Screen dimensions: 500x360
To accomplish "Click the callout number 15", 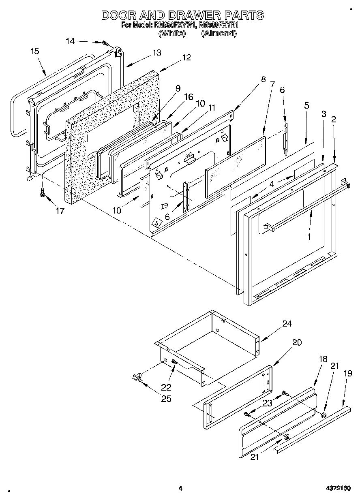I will [x=35, y=51].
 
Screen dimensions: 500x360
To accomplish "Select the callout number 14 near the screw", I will [x=70, y=41].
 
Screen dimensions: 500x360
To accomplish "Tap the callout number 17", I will [x=60, y=212].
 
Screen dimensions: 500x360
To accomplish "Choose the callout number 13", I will [x=156, y=53].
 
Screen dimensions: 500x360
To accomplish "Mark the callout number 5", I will [x=306, y=106].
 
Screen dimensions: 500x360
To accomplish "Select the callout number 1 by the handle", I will [x=309, y=237].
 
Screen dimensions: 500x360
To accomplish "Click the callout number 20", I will [x=297, y=342].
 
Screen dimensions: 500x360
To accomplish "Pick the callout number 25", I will [x=166, y=399].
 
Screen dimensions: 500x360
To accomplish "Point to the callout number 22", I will [x=166, y=387].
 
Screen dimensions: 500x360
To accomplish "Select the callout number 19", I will [x=348, y=374].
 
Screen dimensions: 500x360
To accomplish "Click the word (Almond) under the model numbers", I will [x=219, y=34].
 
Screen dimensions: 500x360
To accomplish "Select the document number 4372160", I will [x=338, y=488].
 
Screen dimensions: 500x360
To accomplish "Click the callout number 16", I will [x=189, y=96].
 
